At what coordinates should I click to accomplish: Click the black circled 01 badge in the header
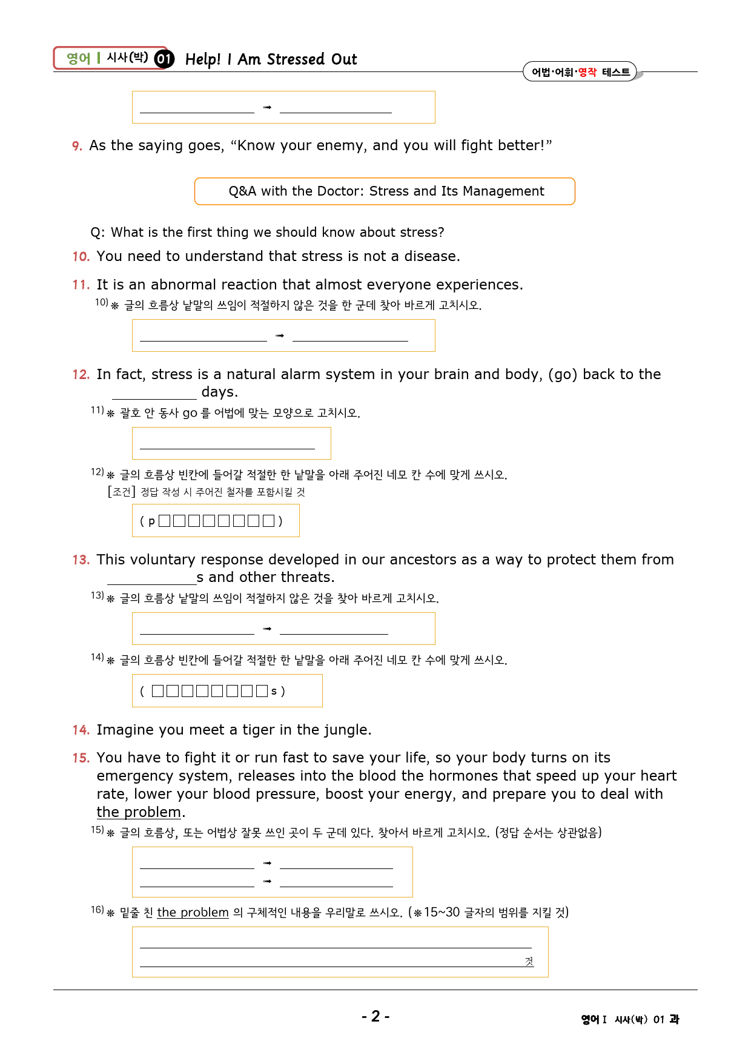pyautogui.click(x=164, y=59)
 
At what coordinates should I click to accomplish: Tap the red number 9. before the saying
pyautogui.click(x=77, y=146)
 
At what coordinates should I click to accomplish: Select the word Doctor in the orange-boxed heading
pyautogui.click(x=339, y=191)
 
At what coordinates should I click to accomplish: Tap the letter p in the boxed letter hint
pyautogui.click(x=151, y=521)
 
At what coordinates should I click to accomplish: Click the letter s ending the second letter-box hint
pyautogui.click(x=274, y=691)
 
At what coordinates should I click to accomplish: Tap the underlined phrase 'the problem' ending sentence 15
pyautogui.click(x=139, y=812)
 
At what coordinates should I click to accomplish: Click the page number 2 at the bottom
pyautogui.click(x=375, y=1016)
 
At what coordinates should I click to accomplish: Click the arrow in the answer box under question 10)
pyautogui.click(x=279, y=335)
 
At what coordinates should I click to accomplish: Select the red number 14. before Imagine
pyautogui.click(x=81, y=730)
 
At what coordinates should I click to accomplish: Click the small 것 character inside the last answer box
pyautogui.click(x=529, y=961)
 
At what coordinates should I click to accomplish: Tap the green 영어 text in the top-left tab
pyautogui.click(x=78, y=58)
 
